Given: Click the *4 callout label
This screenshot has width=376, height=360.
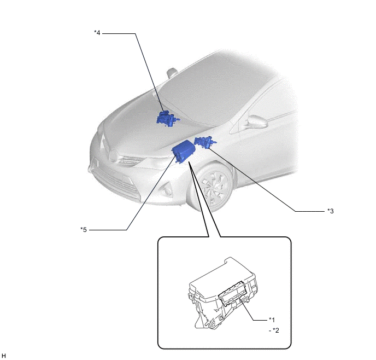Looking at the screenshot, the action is click(x=97, y=33).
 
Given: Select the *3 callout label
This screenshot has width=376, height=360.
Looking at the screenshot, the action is click(x=331, y=211).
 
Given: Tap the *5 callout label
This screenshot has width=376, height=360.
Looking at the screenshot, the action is click(x=84, y=230).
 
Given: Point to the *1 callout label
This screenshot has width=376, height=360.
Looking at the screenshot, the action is click(x=272, y=320).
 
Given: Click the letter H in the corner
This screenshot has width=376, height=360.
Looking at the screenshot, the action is click(x=4, y=356).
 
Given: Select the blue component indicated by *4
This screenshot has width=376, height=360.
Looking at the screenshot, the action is click(x=168, y=119).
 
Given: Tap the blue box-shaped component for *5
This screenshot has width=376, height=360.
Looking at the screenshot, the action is click(x=184, y=152).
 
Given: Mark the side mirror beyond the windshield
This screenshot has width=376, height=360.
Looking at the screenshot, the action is click(x=172, y=72).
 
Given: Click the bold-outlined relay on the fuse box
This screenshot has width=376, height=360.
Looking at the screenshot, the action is click(x=233, y=293).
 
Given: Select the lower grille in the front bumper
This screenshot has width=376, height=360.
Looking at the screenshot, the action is click(x=115, y=182).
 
